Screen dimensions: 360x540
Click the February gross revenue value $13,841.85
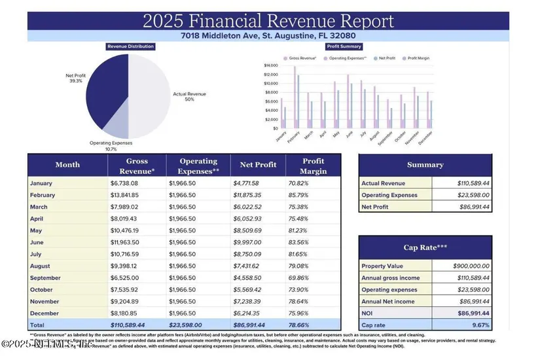point(124,195)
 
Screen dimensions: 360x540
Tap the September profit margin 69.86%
point(298,278)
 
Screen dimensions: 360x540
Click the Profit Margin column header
point(313,165)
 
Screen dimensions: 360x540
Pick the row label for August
point(41,266)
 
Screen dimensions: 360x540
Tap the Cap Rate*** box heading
point(425,247)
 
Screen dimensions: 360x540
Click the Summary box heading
point(425,165)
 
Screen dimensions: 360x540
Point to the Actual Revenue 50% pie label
point(189,96)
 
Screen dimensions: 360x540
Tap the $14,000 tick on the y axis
point(271,65)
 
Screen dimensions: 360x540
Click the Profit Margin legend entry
point(418,58)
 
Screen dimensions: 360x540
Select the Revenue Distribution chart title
point(130,46)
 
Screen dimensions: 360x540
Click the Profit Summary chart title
point(344,46)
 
